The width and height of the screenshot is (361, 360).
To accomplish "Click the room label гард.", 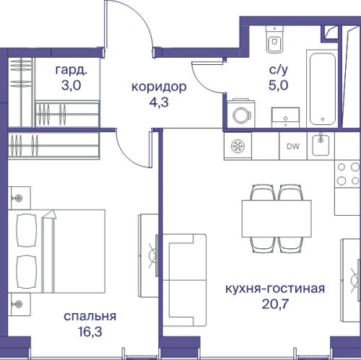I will [x=71, y=71].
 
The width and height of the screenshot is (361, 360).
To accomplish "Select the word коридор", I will [x=159, y=87].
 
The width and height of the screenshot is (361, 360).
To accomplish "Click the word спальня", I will [x=90, y=316].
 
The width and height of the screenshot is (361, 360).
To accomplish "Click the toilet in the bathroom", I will [x=274, y=40].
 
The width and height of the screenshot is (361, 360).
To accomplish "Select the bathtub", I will [x=322, y=87].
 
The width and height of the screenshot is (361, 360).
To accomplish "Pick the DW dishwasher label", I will [x=293, y=147].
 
